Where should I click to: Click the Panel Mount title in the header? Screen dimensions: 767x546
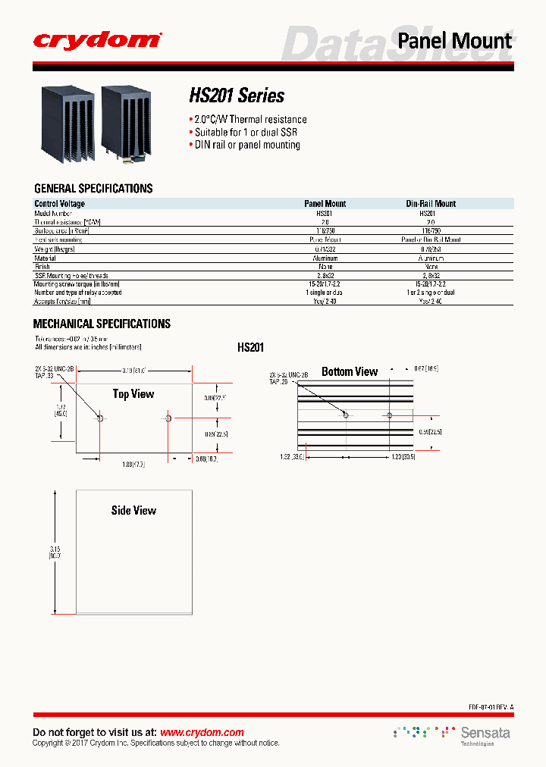[x=455, y=40]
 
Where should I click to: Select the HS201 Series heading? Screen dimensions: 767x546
[x=237, y=95]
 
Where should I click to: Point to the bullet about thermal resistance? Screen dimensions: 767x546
[x=249, y=119]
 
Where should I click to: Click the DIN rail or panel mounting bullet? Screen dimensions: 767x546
[x=246, y=145]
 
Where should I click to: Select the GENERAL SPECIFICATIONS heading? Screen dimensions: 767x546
[x=93, y=189]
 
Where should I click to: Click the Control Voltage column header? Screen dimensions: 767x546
[x=60, y=204]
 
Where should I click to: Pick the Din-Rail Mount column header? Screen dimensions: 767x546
[x=431, y=204]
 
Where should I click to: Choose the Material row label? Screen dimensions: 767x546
[x=45, y=258]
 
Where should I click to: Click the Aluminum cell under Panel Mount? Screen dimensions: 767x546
[x=325, y=258]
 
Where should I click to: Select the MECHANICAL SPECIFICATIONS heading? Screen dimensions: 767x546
[x=102, y=324]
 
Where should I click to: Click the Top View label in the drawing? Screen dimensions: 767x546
[x=133, y=394]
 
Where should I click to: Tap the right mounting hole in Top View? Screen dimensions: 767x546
[x=168, y=417]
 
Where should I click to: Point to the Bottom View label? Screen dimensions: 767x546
[x=350, y=371]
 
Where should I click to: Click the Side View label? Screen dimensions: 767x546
[x=133, y=511]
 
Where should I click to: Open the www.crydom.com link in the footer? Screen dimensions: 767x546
[x=202, y=732]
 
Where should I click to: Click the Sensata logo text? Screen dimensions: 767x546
[x=485, y=733]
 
